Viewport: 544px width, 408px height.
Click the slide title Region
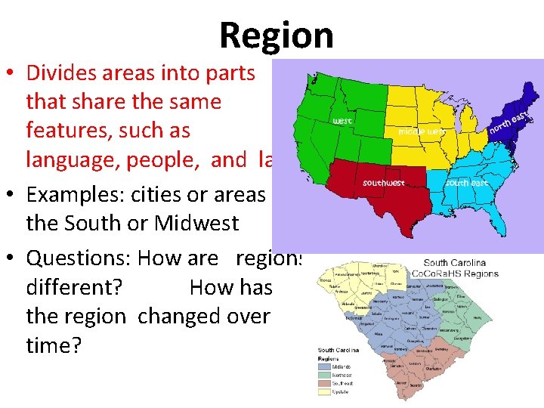pos(276,35)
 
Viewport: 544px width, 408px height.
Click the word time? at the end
pos(52,345)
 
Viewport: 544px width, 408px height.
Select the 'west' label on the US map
pos(342,121)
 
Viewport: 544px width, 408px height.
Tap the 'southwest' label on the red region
pos(384,182)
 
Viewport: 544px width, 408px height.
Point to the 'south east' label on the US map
pos(468,182)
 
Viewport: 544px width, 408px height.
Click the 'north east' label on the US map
pos(511,121)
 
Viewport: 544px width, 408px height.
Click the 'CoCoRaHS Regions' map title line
pos(455,272)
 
